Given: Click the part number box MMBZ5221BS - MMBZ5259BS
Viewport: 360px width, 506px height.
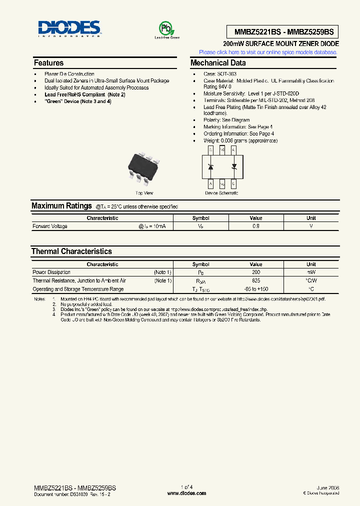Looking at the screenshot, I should coord(283,32).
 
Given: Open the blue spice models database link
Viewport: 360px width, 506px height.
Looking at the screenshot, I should coord(268,52).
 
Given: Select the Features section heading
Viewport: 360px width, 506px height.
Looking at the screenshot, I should coord(48,63).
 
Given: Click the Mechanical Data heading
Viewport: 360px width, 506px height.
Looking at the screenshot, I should coord(218,63).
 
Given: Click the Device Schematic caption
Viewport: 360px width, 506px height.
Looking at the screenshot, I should coord(221,193).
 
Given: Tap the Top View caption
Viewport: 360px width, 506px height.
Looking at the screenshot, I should coord(144,193).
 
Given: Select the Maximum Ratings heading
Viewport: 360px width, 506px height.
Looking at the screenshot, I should coord(61,205).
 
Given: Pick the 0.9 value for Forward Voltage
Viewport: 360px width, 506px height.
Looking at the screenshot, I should coord(256,226).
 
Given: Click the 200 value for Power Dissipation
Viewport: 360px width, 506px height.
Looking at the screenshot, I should coord(256,272).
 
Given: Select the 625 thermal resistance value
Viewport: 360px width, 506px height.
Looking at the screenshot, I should coord(256,281).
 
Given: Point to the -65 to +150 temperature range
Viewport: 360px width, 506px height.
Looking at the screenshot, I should coord(256,289).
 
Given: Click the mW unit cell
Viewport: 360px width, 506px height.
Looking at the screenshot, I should coord(311,272).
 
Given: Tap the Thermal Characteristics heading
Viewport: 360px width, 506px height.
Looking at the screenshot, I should coord(71,251).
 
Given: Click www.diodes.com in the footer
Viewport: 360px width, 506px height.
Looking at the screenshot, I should coord(186,493).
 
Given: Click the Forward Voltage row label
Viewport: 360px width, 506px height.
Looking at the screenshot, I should coord(50,226).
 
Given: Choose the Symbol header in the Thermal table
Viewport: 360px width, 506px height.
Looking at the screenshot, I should coord(201,264).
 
